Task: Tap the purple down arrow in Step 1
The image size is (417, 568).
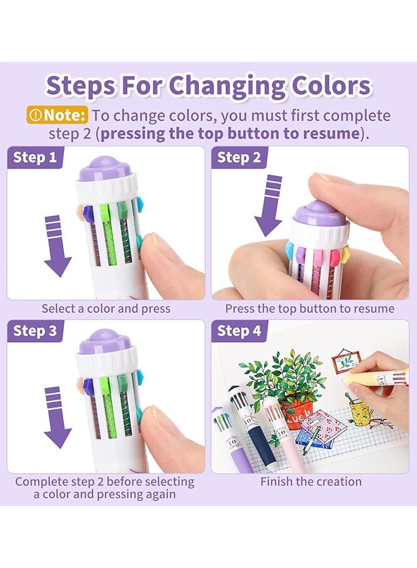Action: [x=57, y=246]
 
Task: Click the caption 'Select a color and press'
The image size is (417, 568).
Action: [x=106, y=309]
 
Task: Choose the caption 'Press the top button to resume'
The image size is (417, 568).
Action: [x=310, y=309]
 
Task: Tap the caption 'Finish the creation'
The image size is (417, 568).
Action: [x=311, y=482]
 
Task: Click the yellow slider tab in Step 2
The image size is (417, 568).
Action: [x=346, y=254]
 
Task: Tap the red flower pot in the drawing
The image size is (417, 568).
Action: [x=299, y=410]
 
